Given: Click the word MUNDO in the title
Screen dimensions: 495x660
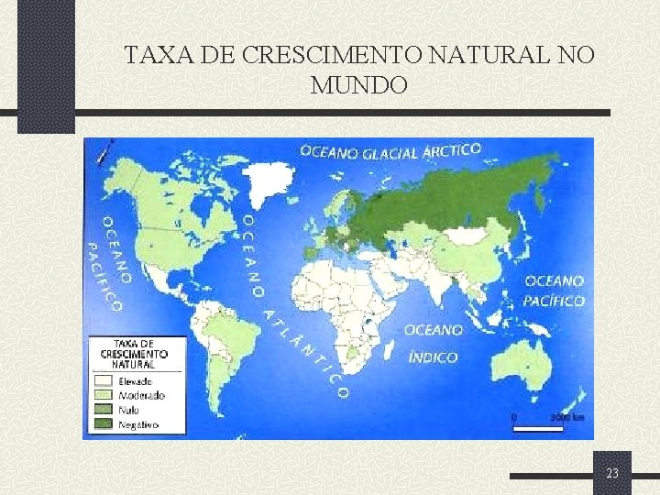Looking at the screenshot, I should [x=359, y=86].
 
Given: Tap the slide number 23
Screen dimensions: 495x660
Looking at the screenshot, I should [x=611, y=473].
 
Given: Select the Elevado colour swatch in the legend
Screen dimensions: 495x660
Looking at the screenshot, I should [x=103, y=380].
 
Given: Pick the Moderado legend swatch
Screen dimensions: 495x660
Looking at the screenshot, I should [x=103, y=395].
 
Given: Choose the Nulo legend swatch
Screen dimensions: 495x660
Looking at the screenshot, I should [x=103, y=410].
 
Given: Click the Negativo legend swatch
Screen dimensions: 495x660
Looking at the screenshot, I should [x=103, y=424].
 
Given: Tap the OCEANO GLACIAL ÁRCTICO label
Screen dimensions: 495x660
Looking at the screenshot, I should [x=390, y=151].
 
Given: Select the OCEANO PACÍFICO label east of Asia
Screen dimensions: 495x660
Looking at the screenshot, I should [x=554, y=291].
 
